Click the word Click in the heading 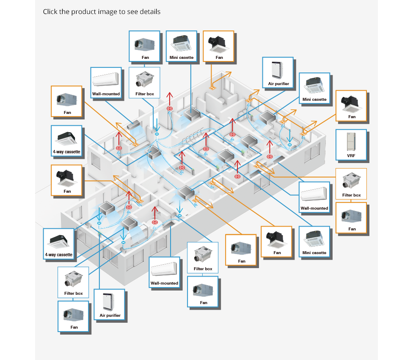(x=50, y=11)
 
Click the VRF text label (x=351, y=155)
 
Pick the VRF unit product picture (x=352, y=141)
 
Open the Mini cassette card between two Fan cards (x=182, y=46)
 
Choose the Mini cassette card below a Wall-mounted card (x=314, y=242)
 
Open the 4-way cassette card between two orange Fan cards (x=67, y=141)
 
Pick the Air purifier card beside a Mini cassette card (x=278, y=72)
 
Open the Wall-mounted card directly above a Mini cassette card (x=314, y=196)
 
